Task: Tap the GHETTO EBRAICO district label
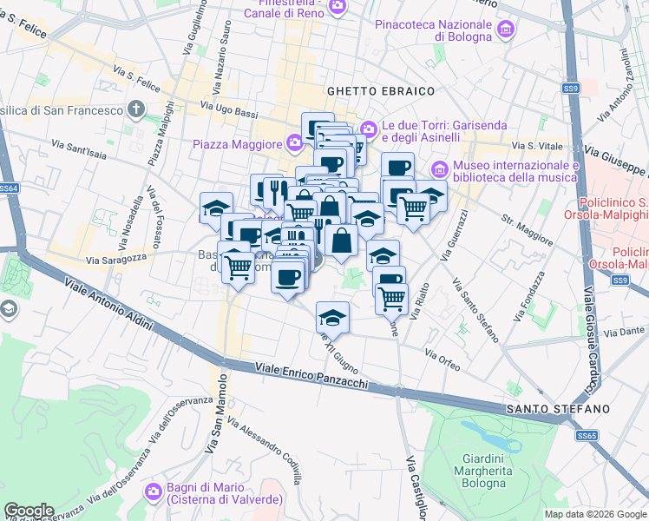point(380,90)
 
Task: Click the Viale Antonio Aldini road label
point(108,305)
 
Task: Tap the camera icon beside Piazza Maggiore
point(294,142)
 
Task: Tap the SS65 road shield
point(587,435)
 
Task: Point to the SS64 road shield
point(9,188)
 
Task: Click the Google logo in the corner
point(29,510)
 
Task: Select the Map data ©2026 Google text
point(594,514)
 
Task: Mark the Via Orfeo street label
point(442,359)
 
